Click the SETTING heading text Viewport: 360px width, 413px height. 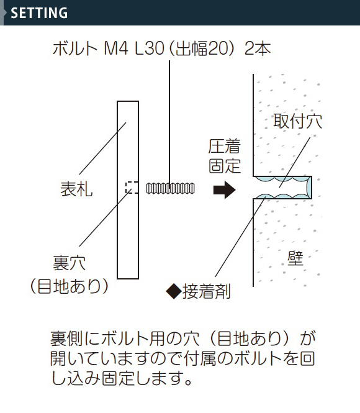coord(39,13)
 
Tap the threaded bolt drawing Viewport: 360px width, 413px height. coord(171,188)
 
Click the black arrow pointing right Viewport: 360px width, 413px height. coord(225,189)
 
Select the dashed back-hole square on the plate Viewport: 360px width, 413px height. coord(132,188)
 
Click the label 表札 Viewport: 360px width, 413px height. coord(76,189)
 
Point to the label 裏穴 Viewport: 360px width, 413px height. coord(70,263)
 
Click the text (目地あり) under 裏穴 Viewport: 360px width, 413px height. coord(70,286)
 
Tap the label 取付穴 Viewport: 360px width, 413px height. coord(298,121)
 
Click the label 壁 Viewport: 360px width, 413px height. coord(295,258)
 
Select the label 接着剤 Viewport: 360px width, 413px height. coord(206,291)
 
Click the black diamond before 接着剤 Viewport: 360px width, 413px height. coord(174,291)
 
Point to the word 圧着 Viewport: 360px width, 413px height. coord(225,147)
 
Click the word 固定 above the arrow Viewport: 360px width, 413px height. coord(225,166)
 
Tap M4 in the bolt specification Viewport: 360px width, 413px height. coord(116,48)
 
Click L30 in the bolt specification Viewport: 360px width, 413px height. coord(150,48)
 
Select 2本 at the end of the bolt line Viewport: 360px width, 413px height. coord(258,48)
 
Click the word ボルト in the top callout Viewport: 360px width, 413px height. coord(75,48)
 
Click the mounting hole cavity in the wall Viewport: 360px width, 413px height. coord(282,188)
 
